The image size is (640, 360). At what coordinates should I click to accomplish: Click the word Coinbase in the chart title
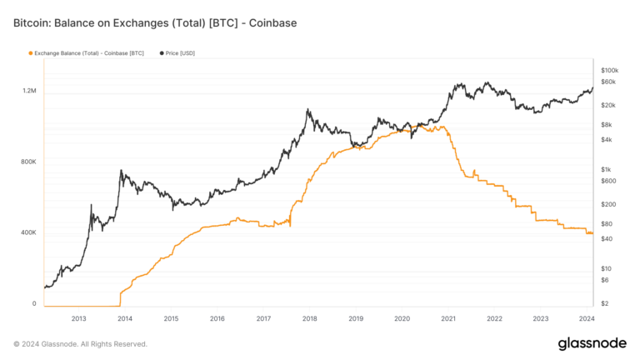272,22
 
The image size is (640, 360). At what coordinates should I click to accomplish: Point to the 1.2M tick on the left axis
28,90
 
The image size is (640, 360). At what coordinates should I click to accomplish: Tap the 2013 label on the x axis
78,318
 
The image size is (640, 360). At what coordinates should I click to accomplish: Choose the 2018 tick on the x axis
309,318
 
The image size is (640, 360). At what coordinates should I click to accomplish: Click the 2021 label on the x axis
447,318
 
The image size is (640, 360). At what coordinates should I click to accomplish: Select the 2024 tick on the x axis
586,318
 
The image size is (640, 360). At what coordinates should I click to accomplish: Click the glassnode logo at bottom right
592,343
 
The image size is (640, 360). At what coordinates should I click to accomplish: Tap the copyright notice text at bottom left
80,343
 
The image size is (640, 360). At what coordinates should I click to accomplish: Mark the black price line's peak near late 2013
122,171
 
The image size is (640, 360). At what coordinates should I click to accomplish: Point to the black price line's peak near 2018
308,109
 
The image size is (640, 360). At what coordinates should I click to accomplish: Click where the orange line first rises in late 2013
121,294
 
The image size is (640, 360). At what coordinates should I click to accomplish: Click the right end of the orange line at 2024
592,233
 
